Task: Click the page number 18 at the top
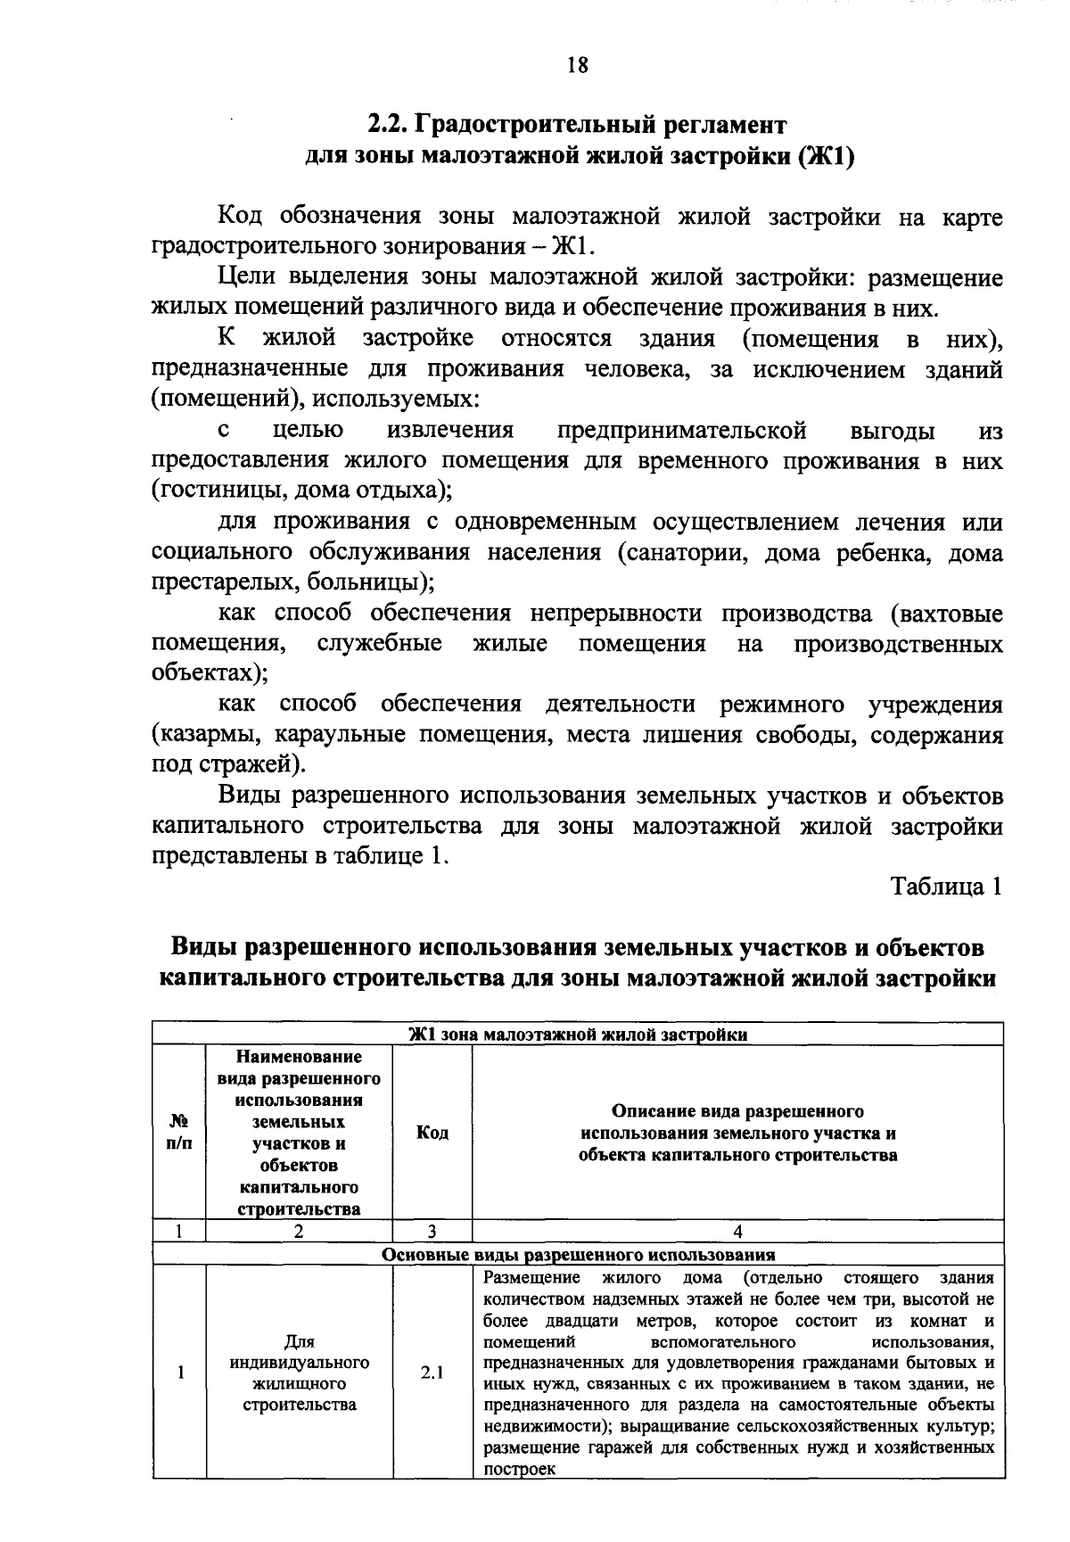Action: [577, 65]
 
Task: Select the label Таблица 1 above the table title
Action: [946, 886]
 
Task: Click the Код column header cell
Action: [432, 1133]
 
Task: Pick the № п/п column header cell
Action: [179, 1133]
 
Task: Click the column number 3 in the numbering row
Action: [432, 1232]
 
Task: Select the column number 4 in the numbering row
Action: [737, 1232]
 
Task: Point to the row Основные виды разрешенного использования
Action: [578, 1254]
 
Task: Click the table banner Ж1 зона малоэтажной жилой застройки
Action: [578, 1035]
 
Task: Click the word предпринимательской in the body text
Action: [682, 432]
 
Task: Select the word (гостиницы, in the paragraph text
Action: [207, 491]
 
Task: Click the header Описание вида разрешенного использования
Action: [737, 1133]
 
